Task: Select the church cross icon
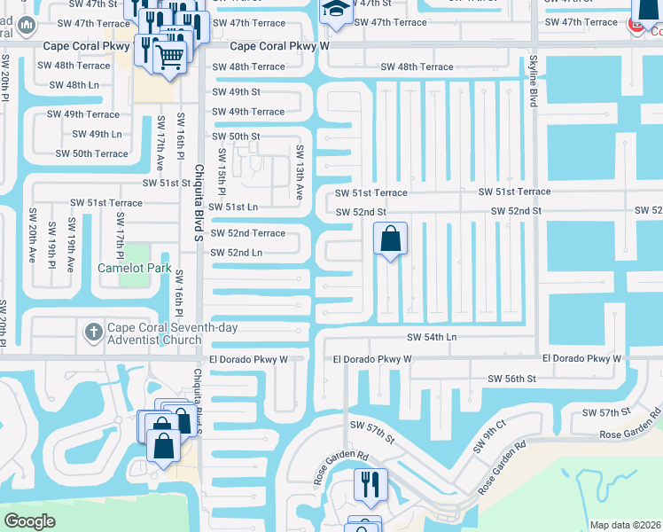pos(93,332)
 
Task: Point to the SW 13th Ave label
pos(300,173)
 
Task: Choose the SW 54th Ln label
pos(432,338)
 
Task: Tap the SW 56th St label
pos(512,379)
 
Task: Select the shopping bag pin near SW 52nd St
pos(390,239)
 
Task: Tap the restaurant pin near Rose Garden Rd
pos(370,484)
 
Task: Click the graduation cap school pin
pos(335,8)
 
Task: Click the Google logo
pos(30,521)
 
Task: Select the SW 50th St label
pos(236,137)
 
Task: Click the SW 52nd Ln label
pos(236,253)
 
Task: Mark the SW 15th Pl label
pos(222,178)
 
